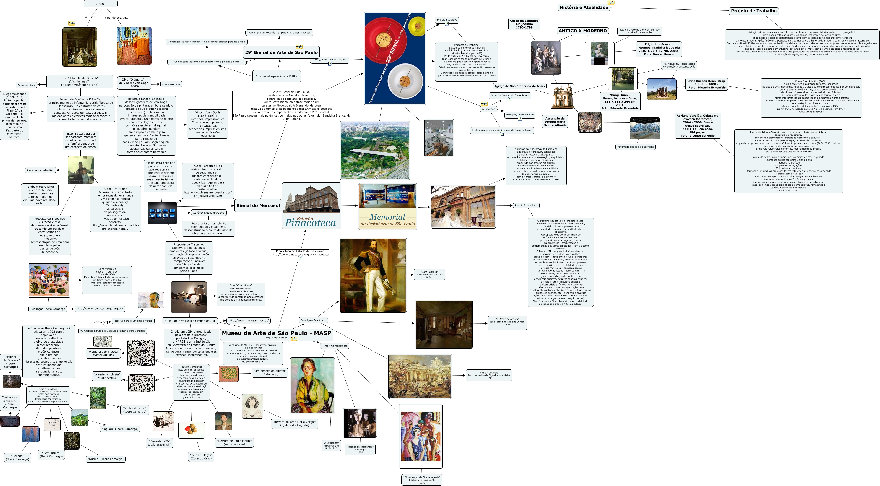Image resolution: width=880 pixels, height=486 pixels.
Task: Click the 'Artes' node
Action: (100, 4)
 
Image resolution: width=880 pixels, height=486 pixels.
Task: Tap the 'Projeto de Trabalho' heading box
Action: (754, 11)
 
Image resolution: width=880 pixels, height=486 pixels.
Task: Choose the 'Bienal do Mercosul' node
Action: (258, 206)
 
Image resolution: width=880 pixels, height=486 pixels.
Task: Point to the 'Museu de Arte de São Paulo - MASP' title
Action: (276, 333)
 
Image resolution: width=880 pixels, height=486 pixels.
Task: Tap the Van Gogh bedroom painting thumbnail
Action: (134, 46)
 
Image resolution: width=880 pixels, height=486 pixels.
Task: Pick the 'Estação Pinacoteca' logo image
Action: (311, 206)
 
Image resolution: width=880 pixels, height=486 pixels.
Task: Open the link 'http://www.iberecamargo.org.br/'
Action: (99, 309)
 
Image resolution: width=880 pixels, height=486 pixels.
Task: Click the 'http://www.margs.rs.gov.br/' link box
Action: (248, 320)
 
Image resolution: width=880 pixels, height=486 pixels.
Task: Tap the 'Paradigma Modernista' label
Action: (335, 346)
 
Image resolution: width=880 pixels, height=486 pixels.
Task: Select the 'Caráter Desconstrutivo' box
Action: (208, 213)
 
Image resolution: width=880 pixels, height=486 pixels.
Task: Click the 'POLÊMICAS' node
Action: (488, 109)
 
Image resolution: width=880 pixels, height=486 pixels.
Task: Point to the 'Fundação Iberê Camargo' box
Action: (47, 309)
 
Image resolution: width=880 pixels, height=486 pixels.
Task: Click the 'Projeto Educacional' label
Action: (526, 205)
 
